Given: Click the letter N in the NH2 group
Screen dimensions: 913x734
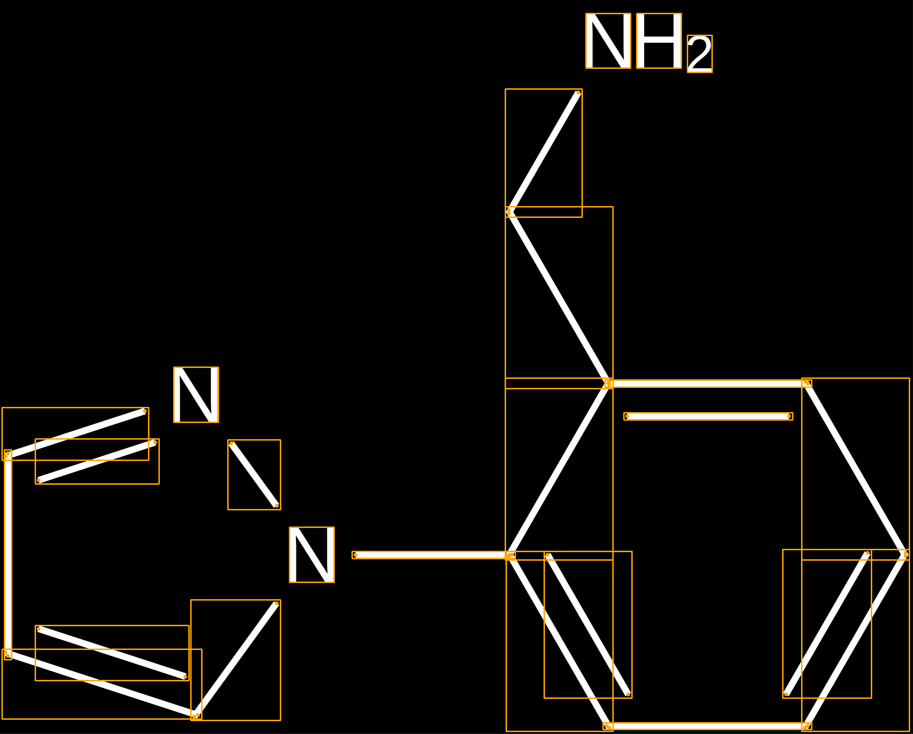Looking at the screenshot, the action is [608, 41].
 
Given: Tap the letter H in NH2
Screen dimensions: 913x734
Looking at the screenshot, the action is [659, 41].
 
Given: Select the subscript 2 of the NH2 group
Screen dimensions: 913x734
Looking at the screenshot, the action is [700, 54].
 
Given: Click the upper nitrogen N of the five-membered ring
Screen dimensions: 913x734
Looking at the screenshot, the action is [196, 395].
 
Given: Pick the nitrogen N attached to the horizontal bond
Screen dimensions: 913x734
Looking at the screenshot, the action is [312, 555].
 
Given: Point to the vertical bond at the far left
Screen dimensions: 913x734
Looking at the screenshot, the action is [8, 555].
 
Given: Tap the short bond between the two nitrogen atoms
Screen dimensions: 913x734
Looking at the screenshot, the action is [254, 474].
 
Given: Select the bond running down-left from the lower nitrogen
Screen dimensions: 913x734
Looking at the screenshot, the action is [236, 659].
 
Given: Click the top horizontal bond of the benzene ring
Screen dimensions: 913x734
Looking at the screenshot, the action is [707, 383].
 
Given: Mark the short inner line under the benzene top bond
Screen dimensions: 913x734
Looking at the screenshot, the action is [708, 416].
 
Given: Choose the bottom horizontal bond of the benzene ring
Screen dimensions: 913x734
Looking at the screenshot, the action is [707, 726].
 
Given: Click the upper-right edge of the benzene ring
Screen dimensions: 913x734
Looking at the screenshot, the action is [856, 469].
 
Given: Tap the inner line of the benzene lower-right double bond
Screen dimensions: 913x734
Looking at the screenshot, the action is [827, 624].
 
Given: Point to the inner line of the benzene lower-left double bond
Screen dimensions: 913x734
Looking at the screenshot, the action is [588, 625].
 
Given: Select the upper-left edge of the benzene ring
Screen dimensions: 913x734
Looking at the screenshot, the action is [559, 469].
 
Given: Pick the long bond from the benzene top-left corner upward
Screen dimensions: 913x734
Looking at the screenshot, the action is [559, 297].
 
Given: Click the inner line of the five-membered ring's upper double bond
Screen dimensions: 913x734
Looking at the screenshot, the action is [97, 461].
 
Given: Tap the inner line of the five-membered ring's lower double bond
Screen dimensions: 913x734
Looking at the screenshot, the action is [112, 653].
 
